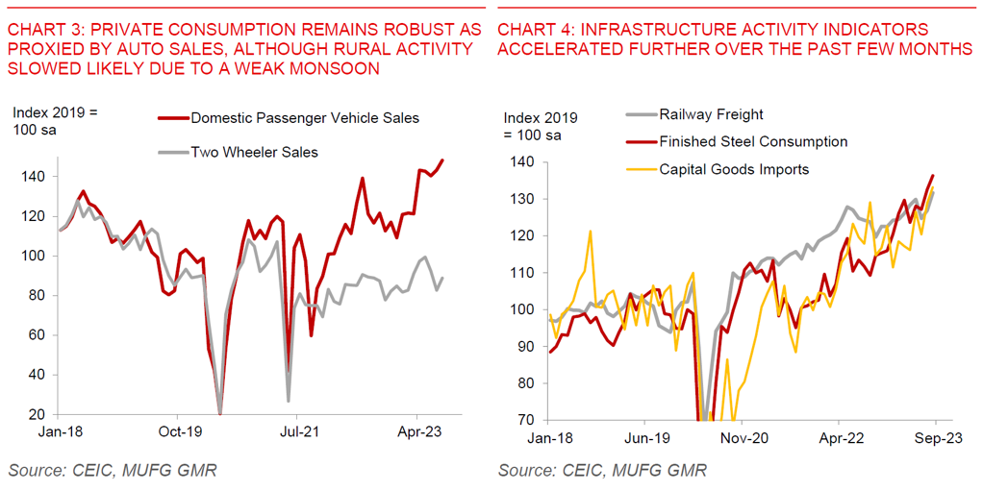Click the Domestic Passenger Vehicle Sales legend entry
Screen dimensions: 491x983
305,118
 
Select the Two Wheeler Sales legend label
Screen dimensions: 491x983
254,152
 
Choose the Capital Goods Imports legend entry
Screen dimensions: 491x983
734,169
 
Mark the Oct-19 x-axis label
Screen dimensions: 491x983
180,433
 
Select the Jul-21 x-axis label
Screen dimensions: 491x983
300,433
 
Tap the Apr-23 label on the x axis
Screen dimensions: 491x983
420,433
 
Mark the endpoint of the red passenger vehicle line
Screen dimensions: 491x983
442,160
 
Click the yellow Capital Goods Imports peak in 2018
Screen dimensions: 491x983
590,232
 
